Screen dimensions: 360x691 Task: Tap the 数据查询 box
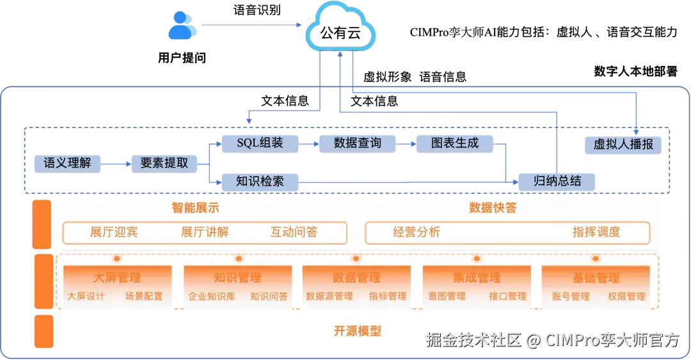[x=358, y=143]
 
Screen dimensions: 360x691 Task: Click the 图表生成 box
[x=455, y=143]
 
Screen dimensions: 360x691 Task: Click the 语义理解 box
[x=67, y=163]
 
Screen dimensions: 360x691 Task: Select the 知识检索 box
[x=260, y=182]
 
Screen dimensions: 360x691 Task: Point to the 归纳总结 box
[x=557, y=181]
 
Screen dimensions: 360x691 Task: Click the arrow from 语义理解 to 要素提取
[x=115, y=164]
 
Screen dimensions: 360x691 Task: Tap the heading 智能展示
[x=196, y=208]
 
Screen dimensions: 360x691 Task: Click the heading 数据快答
[x=493, y=208]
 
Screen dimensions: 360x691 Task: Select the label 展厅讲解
[x=205, y=232]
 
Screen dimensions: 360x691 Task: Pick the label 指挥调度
[x=596, y=232]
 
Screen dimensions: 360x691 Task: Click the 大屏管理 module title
[x=117, y=278]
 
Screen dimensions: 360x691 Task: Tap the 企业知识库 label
[x=211, y=297]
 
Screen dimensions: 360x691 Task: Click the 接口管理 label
[x=507, y=297]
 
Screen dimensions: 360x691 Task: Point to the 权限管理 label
[x=626, y=297]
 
